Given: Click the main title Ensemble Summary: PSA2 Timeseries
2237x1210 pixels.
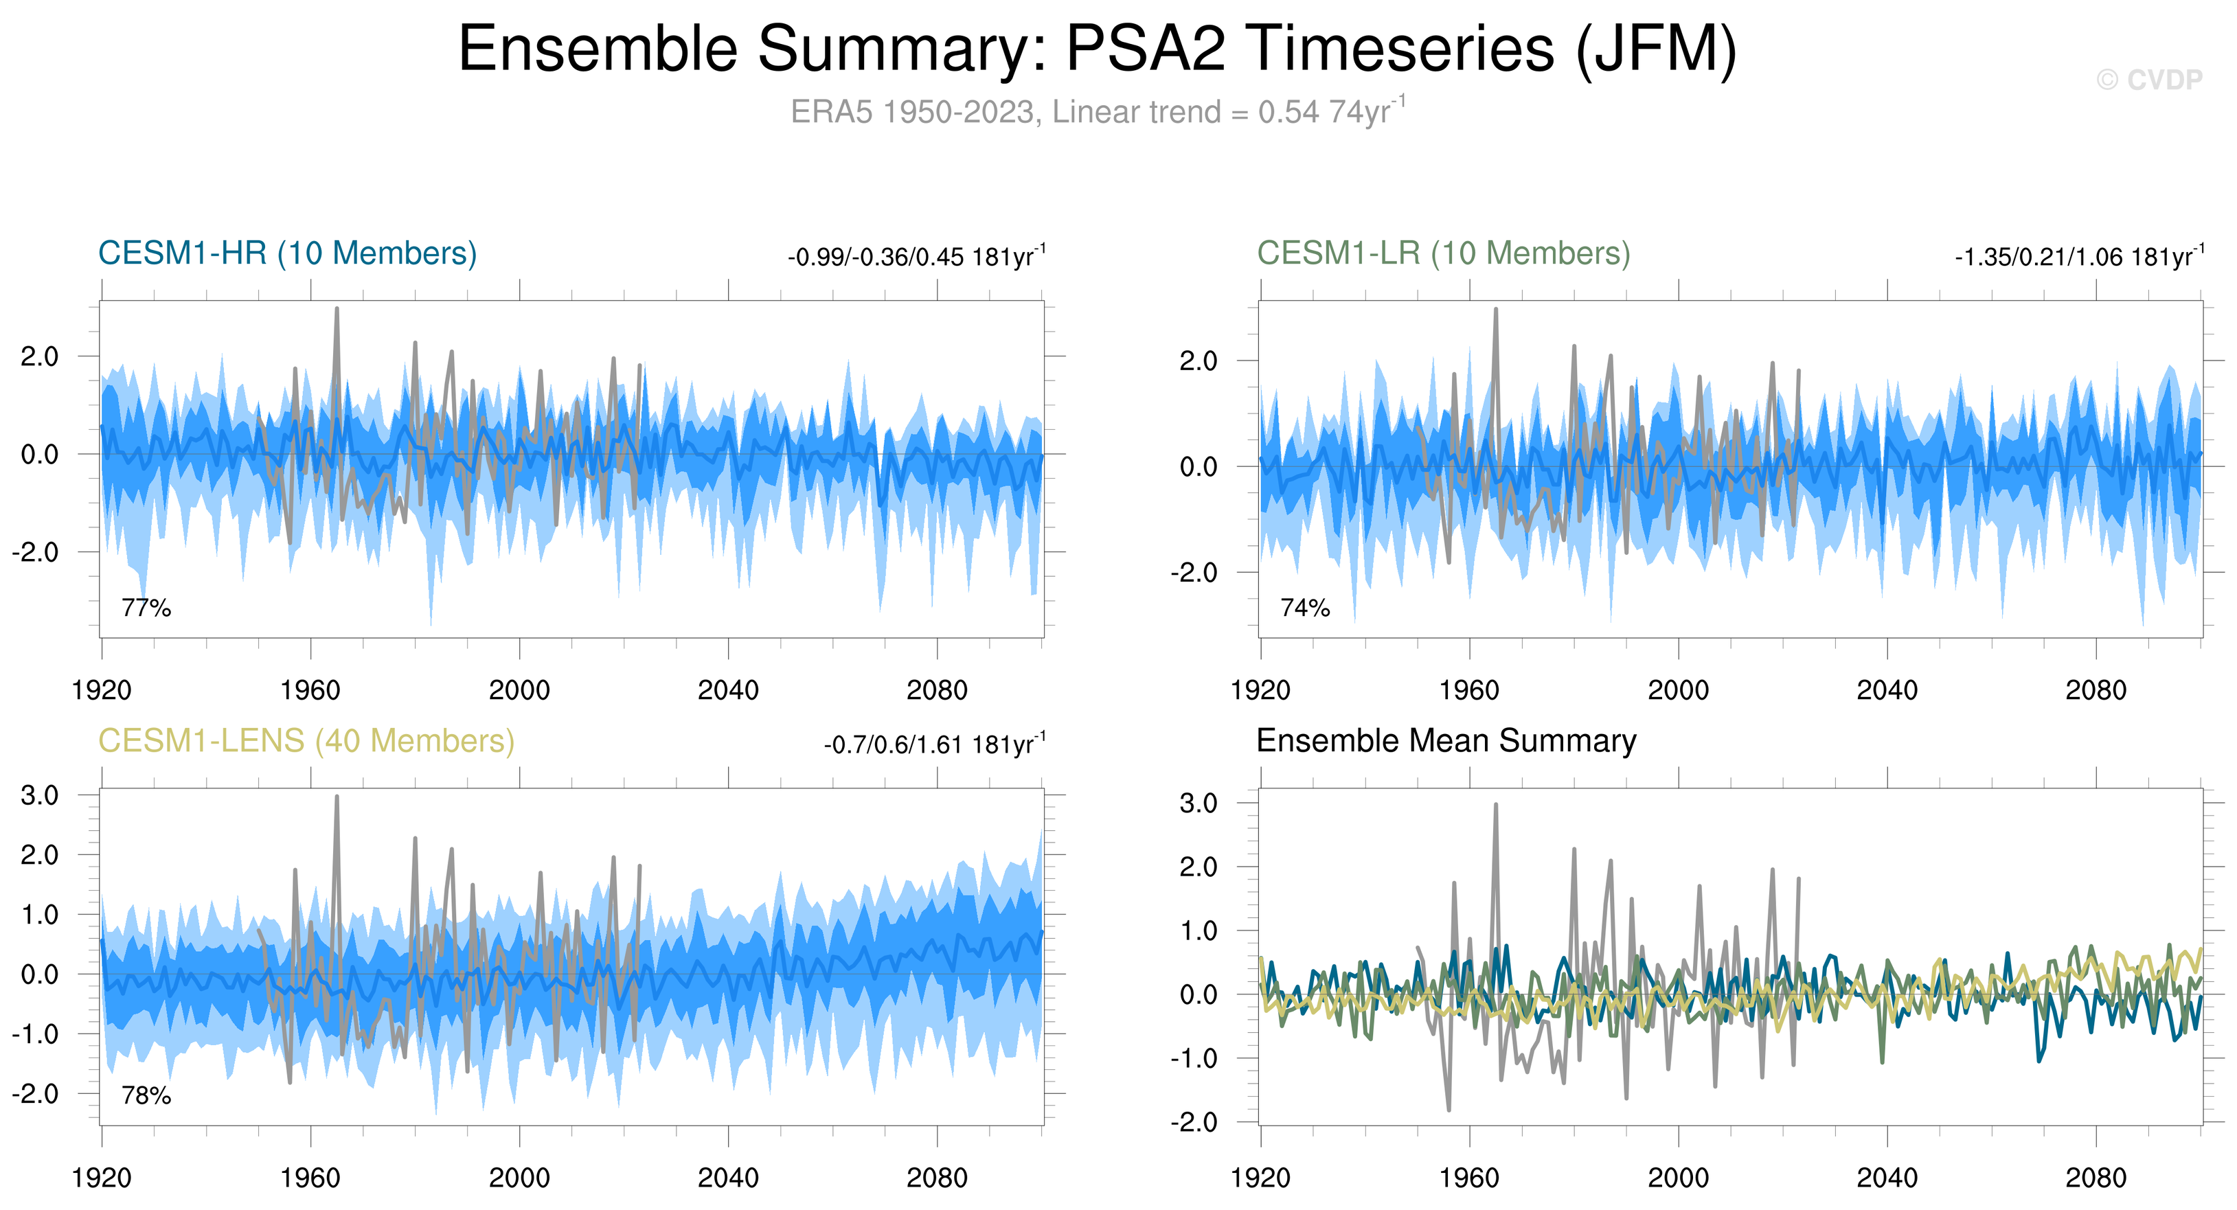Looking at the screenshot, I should [1097, 49].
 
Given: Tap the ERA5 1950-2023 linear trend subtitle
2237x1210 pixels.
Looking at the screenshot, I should [1097, 112].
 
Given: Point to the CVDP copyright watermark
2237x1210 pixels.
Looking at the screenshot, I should [2149, 80].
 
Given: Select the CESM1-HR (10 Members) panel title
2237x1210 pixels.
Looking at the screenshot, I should [288, 253].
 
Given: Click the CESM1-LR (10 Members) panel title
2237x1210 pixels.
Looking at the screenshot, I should [1443, 253].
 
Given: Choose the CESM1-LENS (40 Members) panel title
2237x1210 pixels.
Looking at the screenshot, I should [306, 740].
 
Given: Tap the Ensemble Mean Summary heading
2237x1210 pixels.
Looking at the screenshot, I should [1446, 740].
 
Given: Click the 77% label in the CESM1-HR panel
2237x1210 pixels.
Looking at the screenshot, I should [146, 608].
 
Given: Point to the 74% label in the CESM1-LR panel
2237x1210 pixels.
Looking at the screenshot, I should [1304, 608].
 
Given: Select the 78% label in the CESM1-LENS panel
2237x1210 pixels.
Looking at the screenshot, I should [146, 1095].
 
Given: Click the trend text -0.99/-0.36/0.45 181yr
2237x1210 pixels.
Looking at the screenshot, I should [916, 257].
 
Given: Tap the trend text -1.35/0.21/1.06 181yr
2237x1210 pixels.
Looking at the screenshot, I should [2079, 257].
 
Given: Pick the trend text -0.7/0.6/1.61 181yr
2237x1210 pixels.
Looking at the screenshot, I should [934, 745].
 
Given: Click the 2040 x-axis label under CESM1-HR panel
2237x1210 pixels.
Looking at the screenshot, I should [728, 691].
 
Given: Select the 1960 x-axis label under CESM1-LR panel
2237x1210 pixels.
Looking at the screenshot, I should [1469, 691].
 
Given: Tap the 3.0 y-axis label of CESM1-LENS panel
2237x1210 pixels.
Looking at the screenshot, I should [40, 795].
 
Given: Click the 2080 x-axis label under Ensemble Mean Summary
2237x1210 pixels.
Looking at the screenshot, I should [2096, 1178].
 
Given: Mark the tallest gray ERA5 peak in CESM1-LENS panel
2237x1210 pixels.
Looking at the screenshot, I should [337, 797].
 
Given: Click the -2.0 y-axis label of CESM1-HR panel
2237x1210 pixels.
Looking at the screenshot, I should [35, 552].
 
